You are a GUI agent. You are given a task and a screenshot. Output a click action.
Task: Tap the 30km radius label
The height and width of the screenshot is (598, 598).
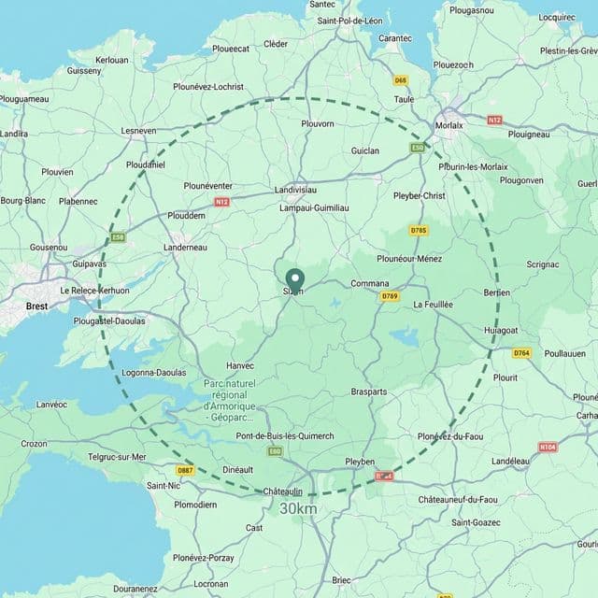tap(298, 508)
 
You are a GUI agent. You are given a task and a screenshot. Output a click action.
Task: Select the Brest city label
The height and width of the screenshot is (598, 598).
tap(36, 306)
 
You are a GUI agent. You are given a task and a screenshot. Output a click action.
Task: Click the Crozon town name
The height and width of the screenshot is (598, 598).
tap(34, 444)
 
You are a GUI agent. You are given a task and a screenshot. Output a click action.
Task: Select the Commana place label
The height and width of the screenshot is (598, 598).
tap(369, 283)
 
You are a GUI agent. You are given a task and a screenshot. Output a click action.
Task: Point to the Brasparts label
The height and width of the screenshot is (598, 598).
tap(369, 392)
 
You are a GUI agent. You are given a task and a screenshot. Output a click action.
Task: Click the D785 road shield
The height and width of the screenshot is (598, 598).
tap(419, 230)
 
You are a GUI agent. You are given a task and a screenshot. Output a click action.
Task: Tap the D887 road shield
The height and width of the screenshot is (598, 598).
tap(185, 470)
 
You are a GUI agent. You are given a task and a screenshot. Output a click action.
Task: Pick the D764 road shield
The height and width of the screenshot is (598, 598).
tap(521, 352)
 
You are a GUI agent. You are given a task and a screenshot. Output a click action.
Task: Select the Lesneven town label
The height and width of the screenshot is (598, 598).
tap(138, 131)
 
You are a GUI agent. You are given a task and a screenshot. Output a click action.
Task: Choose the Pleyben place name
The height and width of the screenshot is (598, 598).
tap(360, 462)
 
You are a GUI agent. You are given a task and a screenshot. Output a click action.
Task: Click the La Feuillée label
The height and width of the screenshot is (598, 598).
tap(433, 305)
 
